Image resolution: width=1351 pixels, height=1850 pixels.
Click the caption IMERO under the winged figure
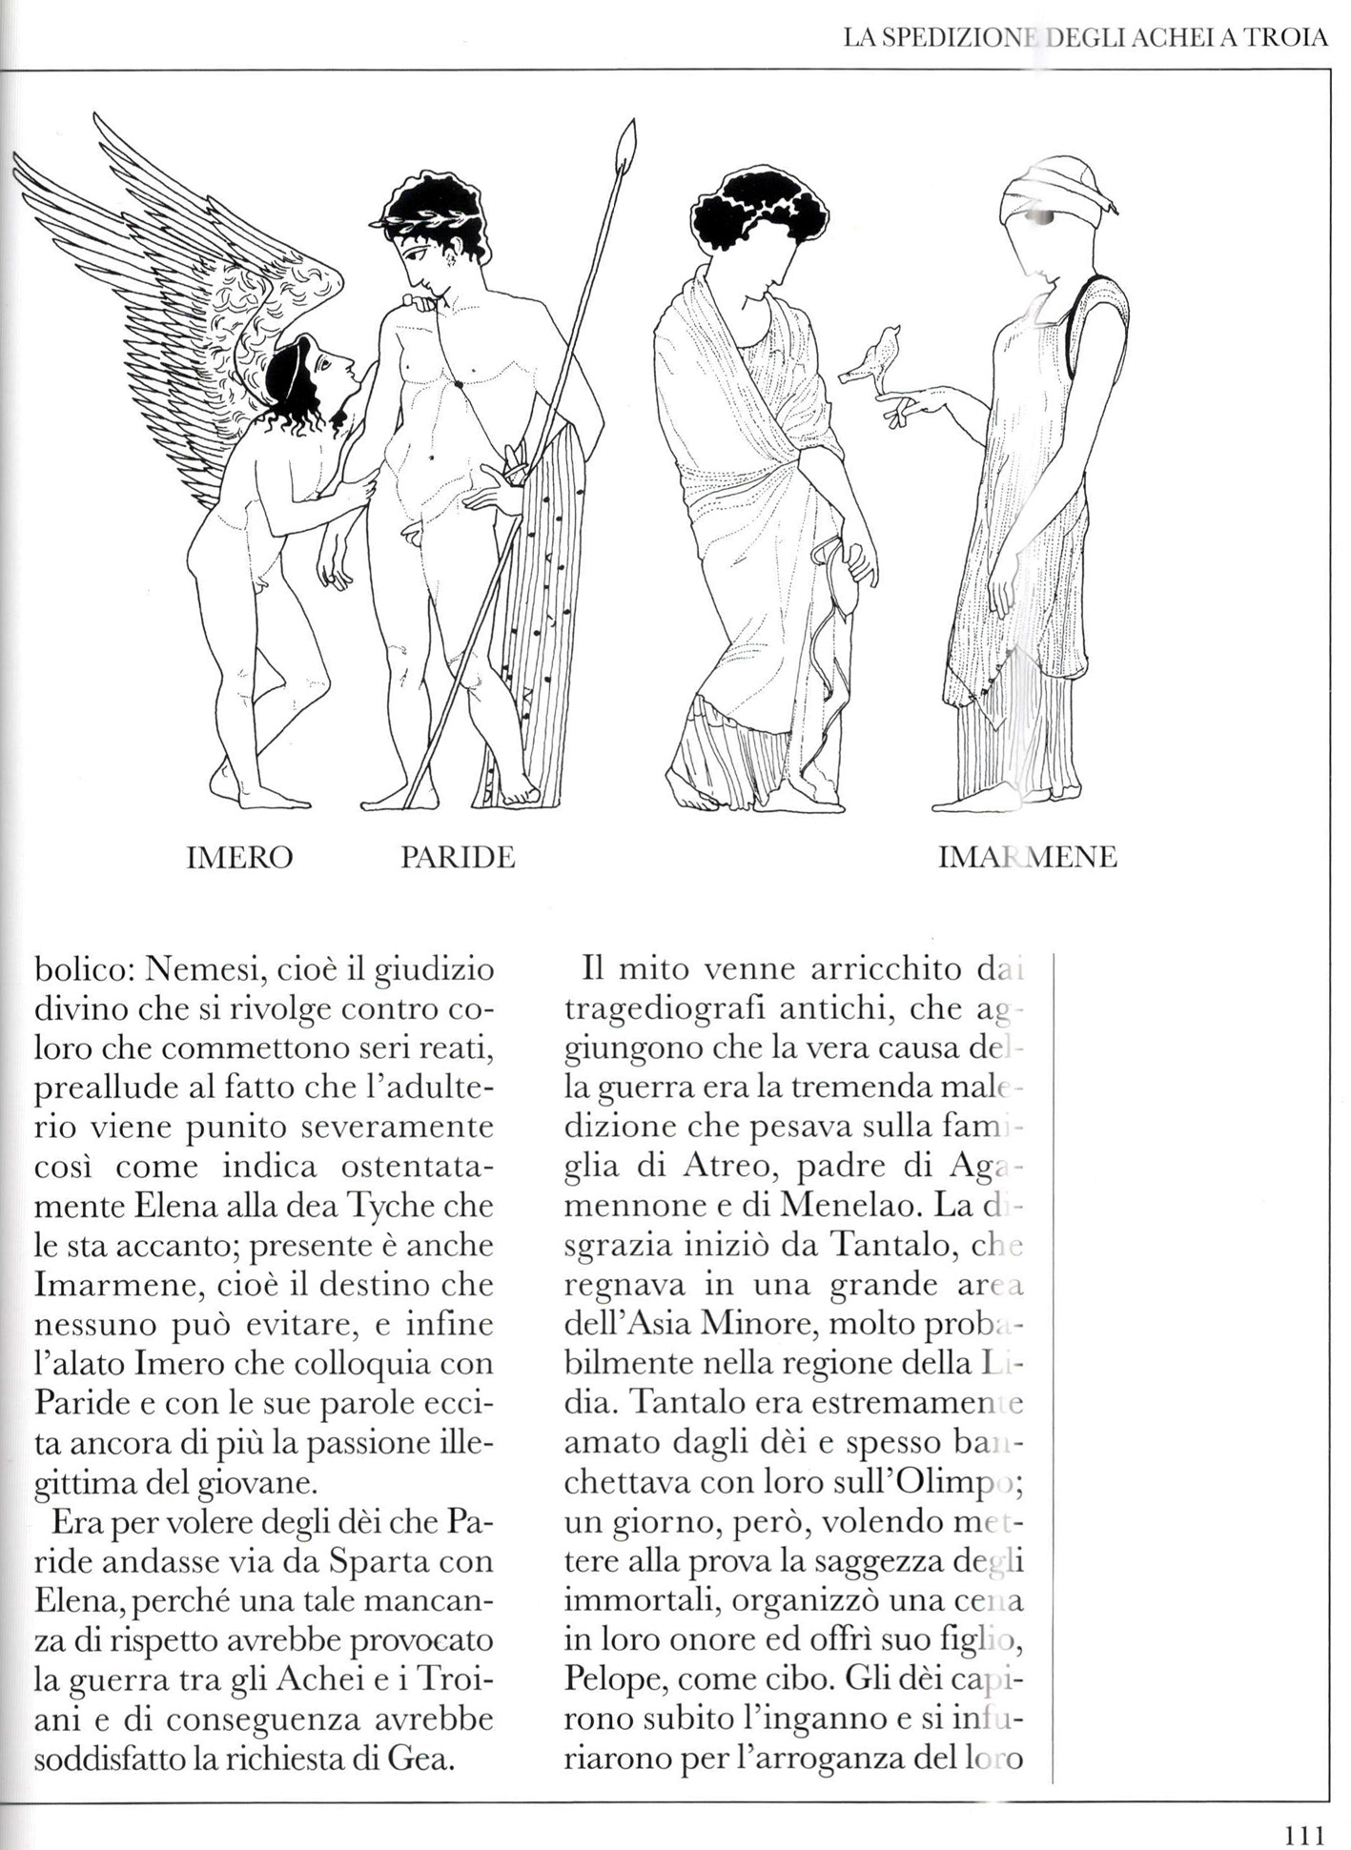coord(239,858)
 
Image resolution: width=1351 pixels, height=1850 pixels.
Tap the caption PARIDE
coord(458,858)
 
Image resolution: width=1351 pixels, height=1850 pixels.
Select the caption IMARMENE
coord(1027,858)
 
